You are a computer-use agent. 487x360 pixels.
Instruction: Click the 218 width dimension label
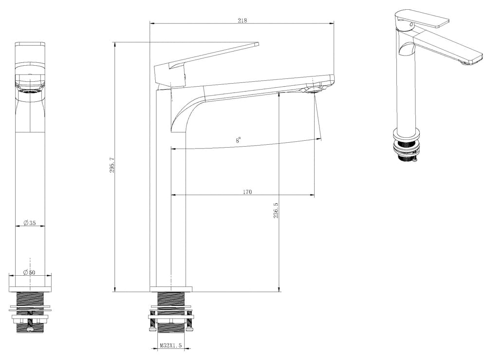coord(242,20)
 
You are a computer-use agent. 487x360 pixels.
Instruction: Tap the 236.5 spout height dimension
coord(276,210)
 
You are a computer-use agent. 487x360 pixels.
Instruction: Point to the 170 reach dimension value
coord(247,191)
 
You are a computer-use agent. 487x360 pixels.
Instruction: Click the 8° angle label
coord(238,140)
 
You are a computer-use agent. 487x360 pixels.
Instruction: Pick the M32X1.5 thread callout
coord(170,345)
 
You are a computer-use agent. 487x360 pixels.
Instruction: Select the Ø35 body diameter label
coord(30,223)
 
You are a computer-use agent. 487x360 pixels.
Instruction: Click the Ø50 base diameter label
coord(30,272)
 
